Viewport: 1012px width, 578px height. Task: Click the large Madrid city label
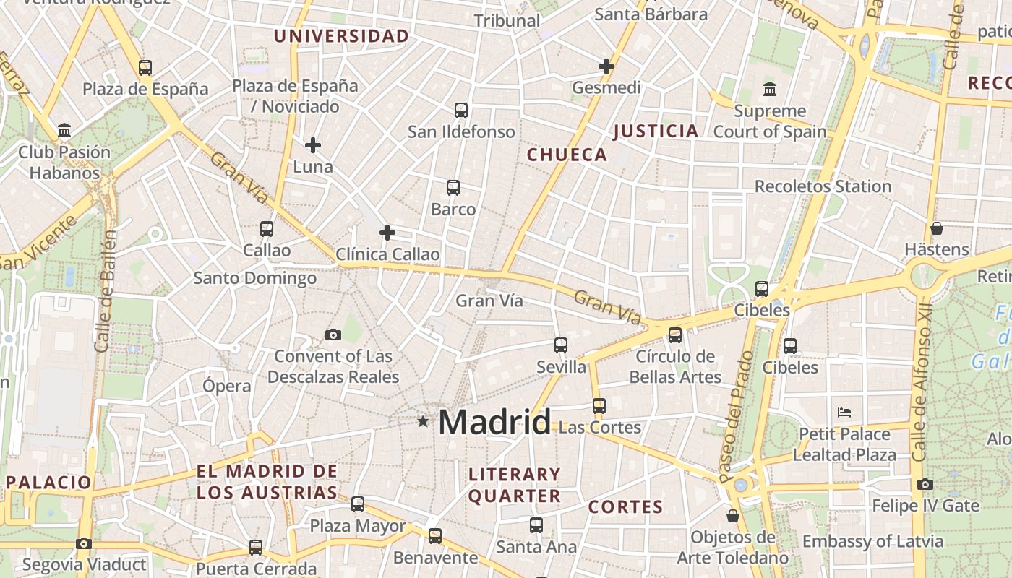(494, 421)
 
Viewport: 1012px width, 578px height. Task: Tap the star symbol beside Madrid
(423, 420)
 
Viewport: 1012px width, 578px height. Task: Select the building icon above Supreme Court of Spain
(770, 90)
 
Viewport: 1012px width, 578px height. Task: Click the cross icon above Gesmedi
(606, 66)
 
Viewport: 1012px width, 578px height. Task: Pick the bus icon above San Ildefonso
(461, 111)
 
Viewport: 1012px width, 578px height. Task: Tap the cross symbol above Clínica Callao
(387, 233)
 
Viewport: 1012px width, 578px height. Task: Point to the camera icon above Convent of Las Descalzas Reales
(333, 335)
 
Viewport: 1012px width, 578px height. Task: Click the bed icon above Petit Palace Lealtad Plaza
(844, 413)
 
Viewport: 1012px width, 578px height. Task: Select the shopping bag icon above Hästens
(937, 228)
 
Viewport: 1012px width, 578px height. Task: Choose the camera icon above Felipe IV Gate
(925, 484)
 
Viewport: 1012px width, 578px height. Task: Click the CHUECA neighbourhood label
(567, 155)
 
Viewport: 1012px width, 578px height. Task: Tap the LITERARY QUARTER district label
(514, 485)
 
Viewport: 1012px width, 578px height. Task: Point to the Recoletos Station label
(823, 186)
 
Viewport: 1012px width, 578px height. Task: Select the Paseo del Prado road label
(737, 417)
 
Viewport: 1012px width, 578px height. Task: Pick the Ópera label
(227, 386)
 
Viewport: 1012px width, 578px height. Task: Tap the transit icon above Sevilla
(561, 345)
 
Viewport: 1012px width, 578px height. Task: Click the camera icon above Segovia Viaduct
(84, 543)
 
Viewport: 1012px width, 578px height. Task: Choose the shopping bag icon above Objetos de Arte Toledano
(733, 516)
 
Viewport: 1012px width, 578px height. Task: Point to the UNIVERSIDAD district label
(341, 36)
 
